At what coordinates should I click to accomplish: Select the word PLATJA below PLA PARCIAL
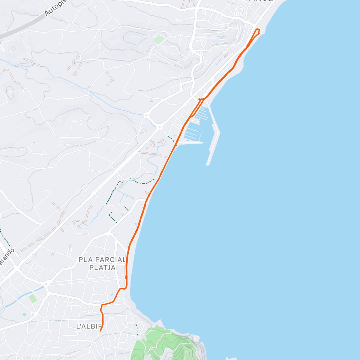(102, 267)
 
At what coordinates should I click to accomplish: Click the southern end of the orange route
(100, 331)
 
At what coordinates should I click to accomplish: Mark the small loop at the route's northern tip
(257, 31)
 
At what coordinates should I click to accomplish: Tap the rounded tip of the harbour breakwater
(208, 164)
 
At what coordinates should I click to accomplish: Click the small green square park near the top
(159, 40)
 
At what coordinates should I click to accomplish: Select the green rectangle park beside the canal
(33, 298)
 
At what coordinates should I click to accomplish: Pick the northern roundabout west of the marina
(146, 115)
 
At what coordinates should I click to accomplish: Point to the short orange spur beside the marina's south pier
(176, 145)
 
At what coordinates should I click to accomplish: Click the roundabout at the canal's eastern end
(47, 284)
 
